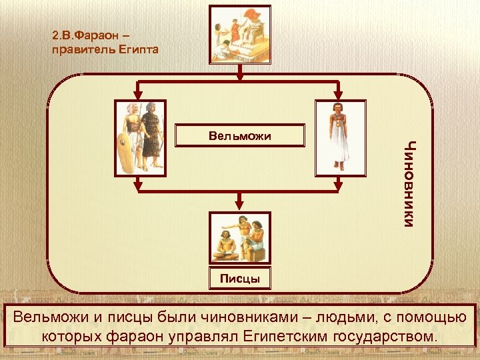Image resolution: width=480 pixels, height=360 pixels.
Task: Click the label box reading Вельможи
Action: coord(239,136)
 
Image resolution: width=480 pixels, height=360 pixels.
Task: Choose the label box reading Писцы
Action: coord(240,277)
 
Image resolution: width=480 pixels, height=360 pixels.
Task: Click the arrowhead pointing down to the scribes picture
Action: coord(240,205)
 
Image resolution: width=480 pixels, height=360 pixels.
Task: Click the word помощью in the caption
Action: coord(433,316)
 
